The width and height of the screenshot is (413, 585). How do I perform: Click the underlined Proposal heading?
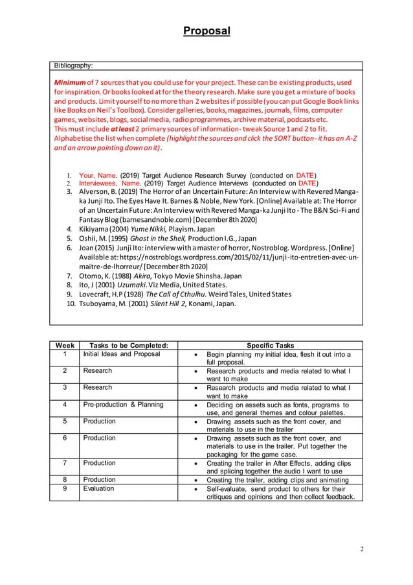coord(206,30)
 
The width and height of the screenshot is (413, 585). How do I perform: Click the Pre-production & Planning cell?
coord(123,405)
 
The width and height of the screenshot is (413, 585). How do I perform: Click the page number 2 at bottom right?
coord(362,549)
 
